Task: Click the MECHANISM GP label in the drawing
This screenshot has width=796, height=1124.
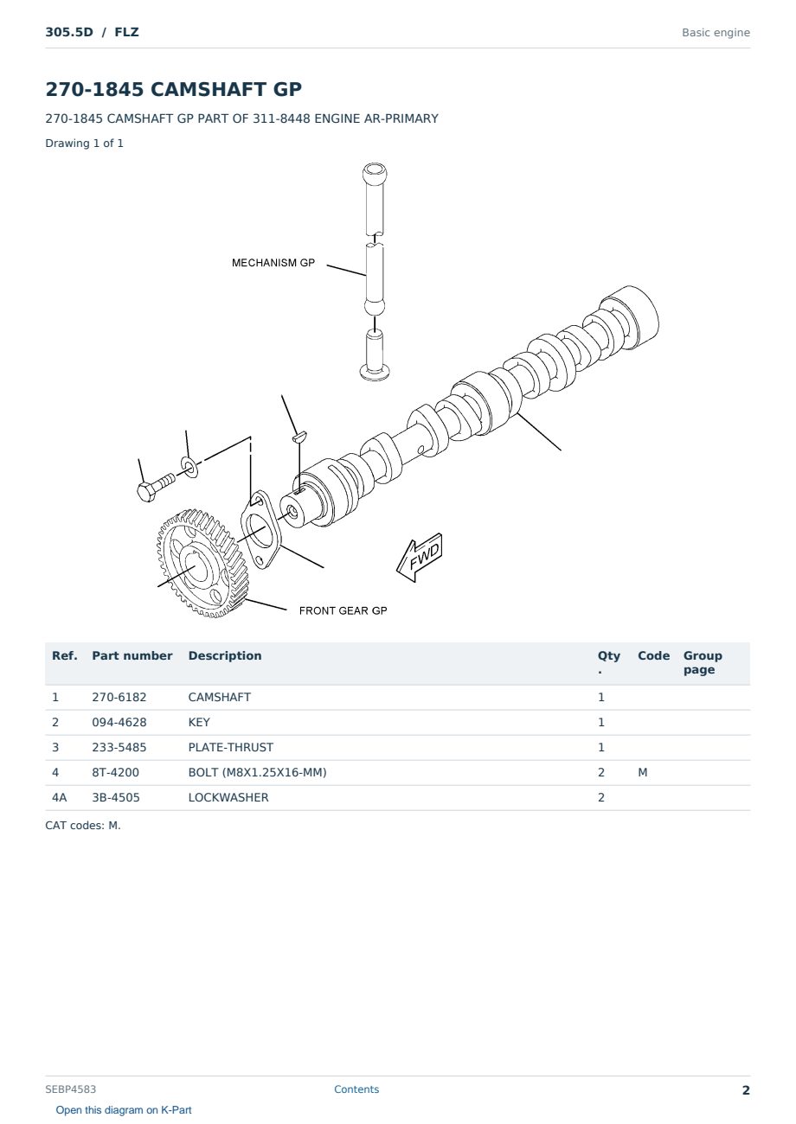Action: tap(273, 263)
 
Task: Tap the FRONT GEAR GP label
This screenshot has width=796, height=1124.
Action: tap(343, 610)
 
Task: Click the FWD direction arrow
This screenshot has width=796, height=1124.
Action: tap(420, 558)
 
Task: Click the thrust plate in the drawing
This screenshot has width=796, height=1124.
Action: tap(260, 530)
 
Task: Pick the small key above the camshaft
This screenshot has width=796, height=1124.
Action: tap(300, 436)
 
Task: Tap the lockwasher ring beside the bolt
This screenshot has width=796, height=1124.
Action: tap(189, 467)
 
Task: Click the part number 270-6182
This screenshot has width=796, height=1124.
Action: tap(119, 697)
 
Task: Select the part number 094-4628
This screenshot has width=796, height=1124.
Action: tap(119, 722)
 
